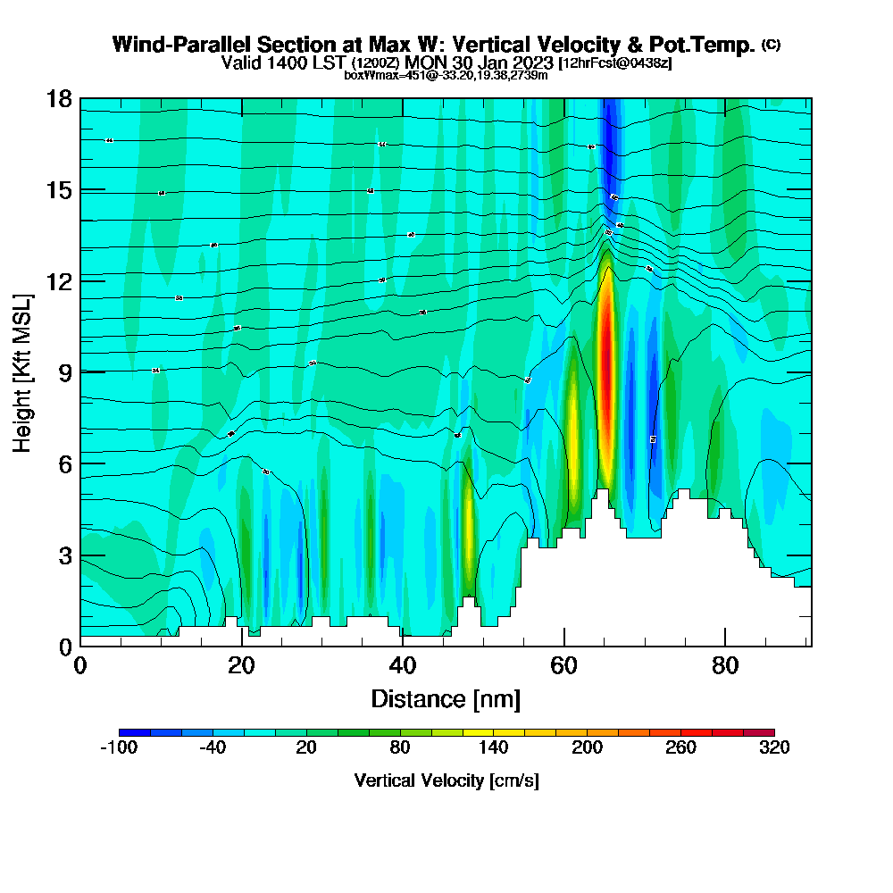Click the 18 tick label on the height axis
(59, 98)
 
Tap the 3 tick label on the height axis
(64, 555)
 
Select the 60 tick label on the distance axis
(563, 666)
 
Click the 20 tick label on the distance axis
(241, 666)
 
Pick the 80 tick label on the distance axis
(724, 666)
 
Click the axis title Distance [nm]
(446, 698)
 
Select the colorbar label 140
(493, 748)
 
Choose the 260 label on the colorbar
(680, 748)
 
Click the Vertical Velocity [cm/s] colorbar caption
(446, 780)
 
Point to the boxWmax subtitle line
(446, 75)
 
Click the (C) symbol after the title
(771, 45)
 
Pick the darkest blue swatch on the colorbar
(134, 732)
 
